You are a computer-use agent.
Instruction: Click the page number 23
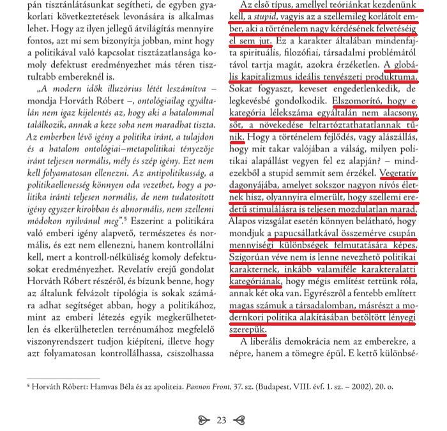coord(222,420)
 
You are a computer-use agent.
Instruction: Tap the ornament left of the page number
coord(204,420)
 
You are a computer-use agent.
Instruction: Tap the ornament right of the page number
coord(239,420)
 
